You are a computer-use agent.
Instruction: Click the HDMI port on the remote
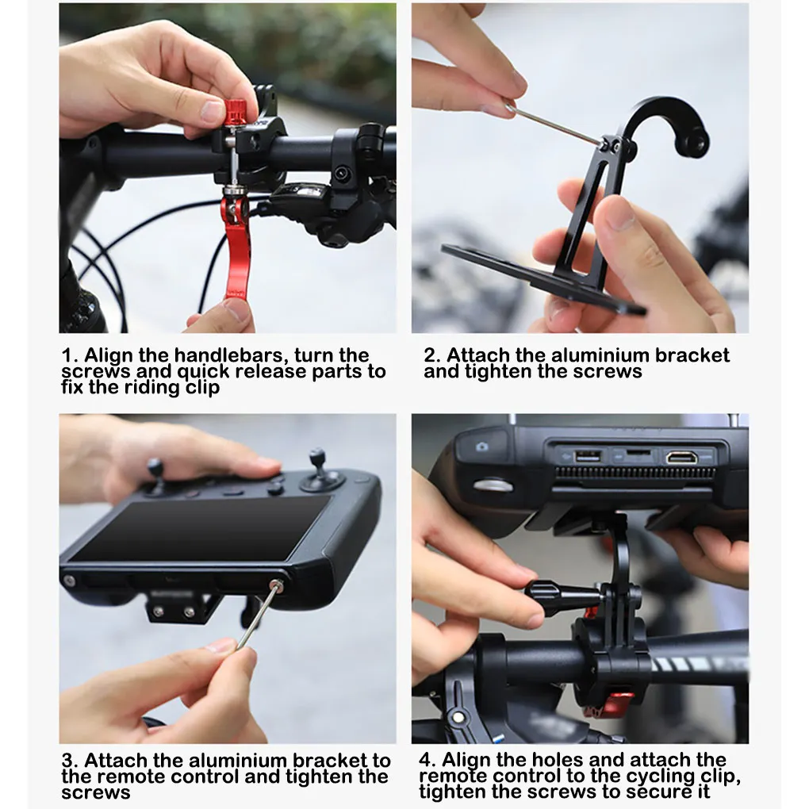(x=681, y=457)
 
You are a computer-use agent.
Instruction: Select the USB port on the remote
(x=588, y=456)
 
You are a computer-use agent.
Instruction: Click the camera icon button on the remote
(x=482, y=447)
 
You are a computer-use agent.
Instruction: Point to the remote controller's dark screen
(x=201, y=529)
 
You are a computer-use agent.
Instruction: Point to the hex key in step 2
(x=554, y=124)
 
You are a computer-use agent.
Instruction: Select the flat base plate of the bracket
(x=543, y=279)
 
